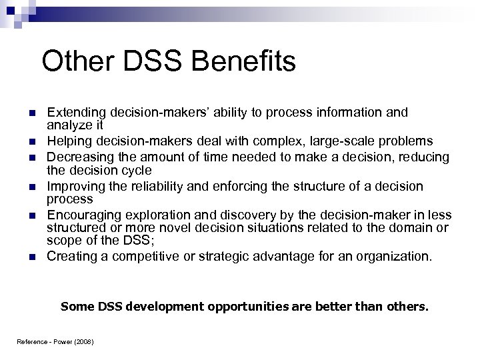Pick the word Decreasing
click(78, 157)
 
